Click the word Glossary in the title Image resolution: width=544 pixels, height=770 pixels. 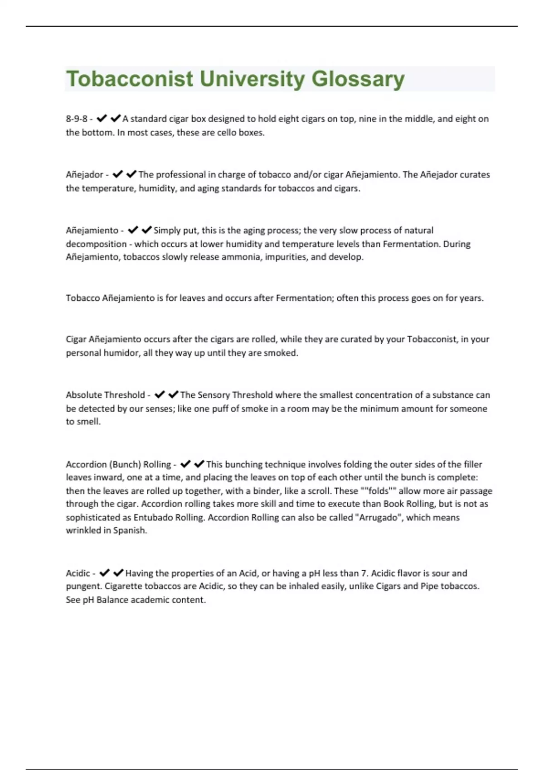(x=358, y=79)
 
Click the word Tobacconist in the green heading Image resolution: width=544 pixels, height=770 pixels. (x=130, y=79)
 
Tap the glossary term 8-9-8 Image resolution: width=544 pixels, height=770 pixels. (x=76, y=119)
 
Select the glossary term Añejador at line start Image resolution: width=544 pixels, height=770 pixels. (x=84, y=174)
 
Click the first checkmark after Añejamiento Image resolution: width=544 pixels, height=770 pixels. (x=133, y=230)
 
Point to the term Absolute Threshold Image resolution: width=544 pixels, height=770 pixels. (x=105, y=395)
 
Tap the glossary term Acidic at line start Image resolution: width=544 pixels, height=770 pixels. (x=78, y=573)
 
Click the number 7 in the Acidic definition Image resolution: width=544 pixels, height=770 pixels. (x=364, y=573)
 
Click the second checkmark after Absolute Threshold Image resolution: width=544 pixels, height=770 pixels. (x=173, y=395)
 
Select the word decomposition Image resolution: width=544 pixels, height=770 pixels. (x=96, y=244)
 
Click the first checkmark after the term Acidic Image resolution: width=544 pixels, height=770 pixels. (x=104, y=573)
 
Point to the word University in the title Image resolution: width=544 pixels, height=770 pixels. (x=252, y=79)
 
